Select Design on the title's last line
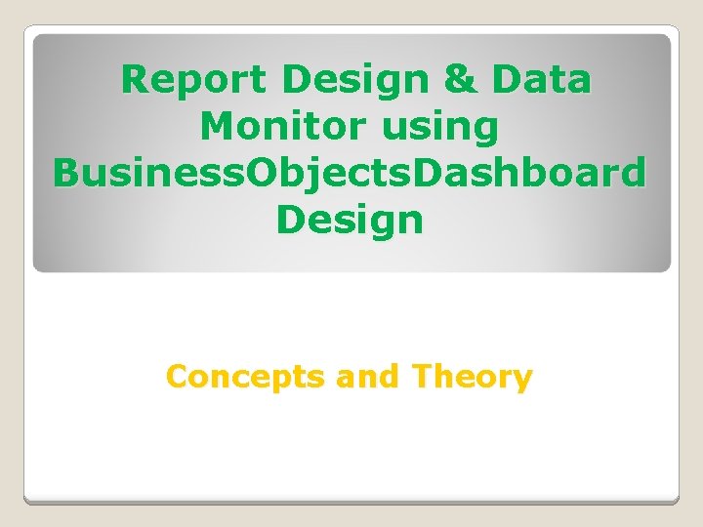[x=350, y=221]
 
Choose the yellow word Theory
[x=472, y=377]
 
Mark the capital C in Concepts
[x=177, y=376]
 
